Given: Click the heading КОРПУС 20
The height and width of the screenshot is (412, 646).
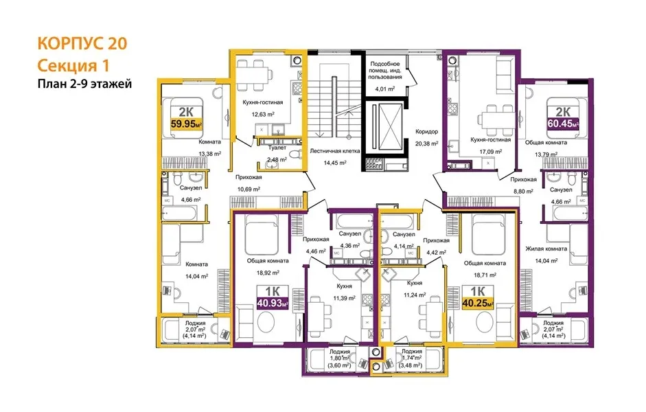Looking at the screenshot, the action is (x=82, y=43).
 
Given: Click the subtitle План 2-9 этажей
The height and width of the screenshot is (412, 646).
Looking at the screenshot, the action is (x=84, y=84).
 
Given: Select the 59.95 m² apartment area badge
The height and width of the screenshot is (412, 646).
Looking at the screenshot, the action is (x=186, y=123).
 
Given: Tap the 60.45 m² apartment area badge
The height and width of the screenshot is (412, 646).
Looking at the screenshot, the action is (x=563, y=123).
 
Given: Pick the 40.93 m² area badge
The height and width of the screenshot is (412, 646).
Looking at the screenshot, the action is (x=273, y=304).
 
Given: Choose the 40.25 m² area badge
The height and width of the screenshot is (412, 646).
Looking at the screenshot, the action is (x=478, y=304).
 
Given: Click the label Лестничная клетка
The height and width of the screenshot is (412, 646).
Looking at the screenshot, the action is (x=335, y=151).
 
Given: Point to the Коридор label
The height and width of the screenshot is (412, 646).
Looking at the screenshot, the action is (x=426, y=132).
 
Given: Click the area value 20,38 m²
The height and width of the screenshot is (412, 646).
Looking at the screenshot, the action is (x=426, y=144).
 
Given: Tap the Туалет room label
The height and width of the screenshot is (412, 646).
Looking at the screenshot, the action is (x=277, y=148).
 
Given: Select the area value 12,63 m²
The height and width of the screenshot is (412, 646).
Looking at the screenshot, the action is (x=263, y=115).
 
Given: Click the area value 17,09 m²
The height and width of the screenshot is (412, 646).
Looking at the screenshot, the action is (x=491, y=152).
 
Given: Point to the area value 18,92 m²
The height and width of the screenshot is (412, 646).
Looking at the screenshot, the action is (x=268, y=273).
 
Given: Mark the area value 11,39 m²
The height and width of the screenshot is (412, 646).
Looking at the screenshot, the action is (x=344, y=298).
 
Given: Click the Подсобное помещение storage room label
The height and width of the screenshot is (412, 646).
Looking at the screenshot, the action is (x=385, y=70).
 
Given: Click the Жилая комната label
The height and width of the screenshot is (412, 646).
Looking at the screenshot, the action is (x=546, y=249).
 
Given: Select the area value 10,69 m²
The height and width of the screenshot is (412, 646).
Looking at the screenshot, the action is (x=249, y=190).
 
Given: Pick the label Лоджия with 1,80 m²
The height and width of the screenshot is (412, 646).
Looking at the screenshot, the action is (x=340, y=352).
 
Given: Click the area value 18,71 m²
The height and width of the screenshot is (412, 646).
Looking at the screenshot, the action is (x=485, y=275).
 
